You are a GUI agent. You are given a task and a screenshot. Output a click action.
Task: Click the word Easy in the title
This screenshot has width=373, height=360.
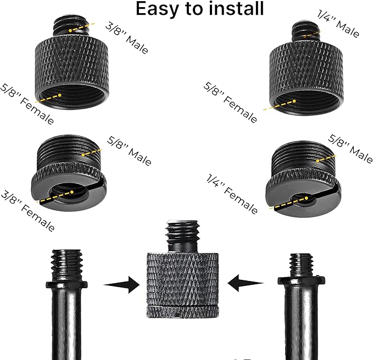157,9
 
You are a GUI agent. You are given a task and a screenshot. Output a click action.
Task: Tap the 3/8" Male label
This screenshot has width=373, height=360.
127,38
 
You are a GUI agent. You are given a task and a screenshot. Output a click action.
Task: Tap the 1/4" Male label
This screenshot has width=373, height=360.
338,23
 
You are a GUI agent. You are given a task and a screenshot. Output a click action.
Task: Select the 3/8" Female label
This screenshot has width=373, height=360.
27,211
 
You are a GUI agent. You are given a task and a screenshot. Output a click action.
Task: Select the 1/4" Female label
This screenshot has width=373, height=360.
232,194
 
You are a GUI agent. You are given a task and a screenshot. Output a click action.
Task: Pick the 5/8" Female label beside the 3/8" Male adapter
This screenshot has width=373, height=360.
27,104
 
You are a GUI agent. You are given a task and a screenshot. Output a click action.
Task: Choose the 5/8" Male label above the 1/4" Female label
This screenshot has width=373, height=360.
350,149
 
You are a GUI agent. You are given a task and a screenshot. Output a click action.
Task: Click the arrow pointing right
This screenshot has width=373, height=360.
122,284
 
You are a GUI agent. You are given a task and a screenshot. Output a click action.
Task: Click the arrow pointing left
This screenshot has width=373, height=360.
246,283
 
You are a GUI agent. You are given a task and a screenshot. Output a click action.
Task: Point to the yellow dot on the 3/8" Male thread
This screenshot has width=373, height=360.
70,31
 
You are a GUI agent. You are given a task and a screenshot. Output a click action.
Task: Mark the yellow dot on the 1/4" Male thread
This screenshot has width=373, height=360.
305,36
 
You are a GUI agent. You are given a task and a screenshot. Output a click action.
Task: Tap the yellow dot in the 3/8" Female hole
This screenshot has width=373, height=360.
72,192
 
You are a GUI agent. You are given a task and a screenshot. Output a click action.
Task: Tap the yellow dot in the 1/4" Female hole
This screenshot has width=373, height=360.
307,198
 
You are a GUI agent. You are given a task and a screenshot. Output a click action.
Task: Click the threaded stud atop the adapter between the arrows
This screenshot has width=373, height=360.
183,236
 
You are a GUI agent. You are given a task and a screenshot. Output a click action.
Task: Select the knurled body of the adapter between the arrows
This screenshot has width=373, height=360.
182,285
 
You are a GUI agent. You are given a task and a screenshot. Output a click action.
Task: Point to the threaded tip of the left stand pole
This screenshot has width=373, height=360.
66,265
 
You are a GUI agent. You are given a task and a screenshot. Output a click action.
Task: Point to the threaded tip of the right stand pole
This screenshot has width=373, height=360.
302,265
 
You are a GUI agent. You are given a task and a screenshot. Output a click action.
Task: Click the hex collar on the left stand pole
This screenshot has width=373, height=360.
66,285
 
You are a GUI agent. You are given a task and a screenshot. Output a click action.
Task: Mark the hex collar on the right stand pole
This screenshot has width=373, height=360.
302,280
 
